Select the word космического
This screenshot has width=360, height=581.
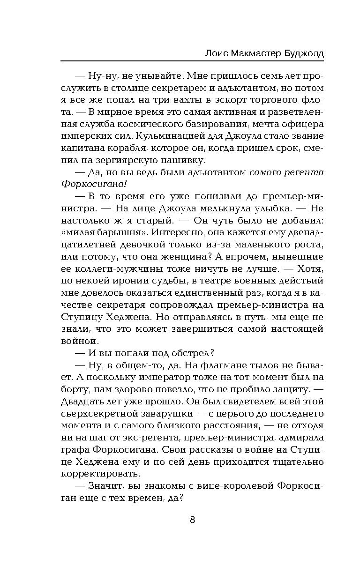[157, 124]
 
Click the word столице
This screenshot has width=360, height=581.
[128, 88]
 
